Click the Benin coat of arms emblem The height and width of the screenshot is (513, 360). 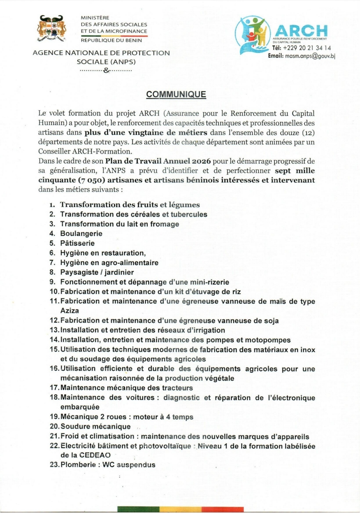[x=51, y=29]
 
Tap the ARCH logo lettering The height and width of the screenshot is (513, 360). [x=301, y=31]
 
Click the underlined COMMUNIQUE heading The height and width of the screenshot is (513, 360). [x=176, y=94]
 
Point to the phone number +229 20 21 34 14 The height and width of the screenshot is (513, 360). [x=307, y=48]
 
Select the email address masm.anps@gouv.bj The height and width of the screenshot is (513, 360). [x=310, y=56]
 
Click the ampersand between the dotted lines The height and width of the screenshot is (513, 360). [x=106, y=70]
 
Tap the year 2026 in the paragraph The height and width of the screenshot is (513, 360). [x=201, y=161]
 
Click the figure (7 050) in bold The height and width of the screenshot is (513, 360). [x=91, y=180]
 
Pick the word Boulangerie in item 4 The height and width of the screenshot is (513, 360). [x=81, y=234]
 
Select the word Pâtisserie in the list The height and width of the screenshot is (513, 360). [x=77, y=243]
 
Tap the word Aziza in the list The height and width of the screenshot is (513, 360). [x=70, y=311]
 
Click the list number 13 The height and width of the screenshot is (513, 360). [x=54, y=330]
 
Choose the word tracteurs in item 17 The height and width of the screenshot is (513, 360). [x=177, y=388]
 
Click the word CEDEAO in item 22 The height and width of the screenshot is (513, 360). [x=95, y=455]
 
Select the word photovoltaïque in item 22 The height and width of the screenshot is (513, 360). [x=165, y=446]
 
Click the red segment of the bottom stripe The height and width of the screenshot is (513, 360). [x=222, y=509]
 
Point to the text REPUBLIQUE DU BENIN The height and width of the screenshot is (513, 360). [x=111, y=40]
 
